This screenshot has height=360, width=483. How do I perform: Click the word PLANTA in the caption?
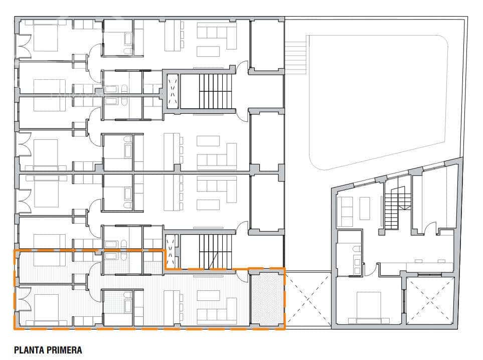[x=29, y=350]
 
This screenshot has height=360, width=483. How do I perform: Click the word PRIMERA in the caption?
[x=64, y=350]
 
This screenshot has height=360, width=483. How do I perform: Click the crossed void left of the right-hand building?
[x=308, y=299]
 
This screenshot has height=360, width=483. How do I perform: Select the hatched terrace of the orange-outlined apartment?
[x=266, y=299]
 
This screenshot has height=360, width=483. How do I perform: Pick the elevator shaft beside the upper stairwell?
[x=172, y=91]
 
